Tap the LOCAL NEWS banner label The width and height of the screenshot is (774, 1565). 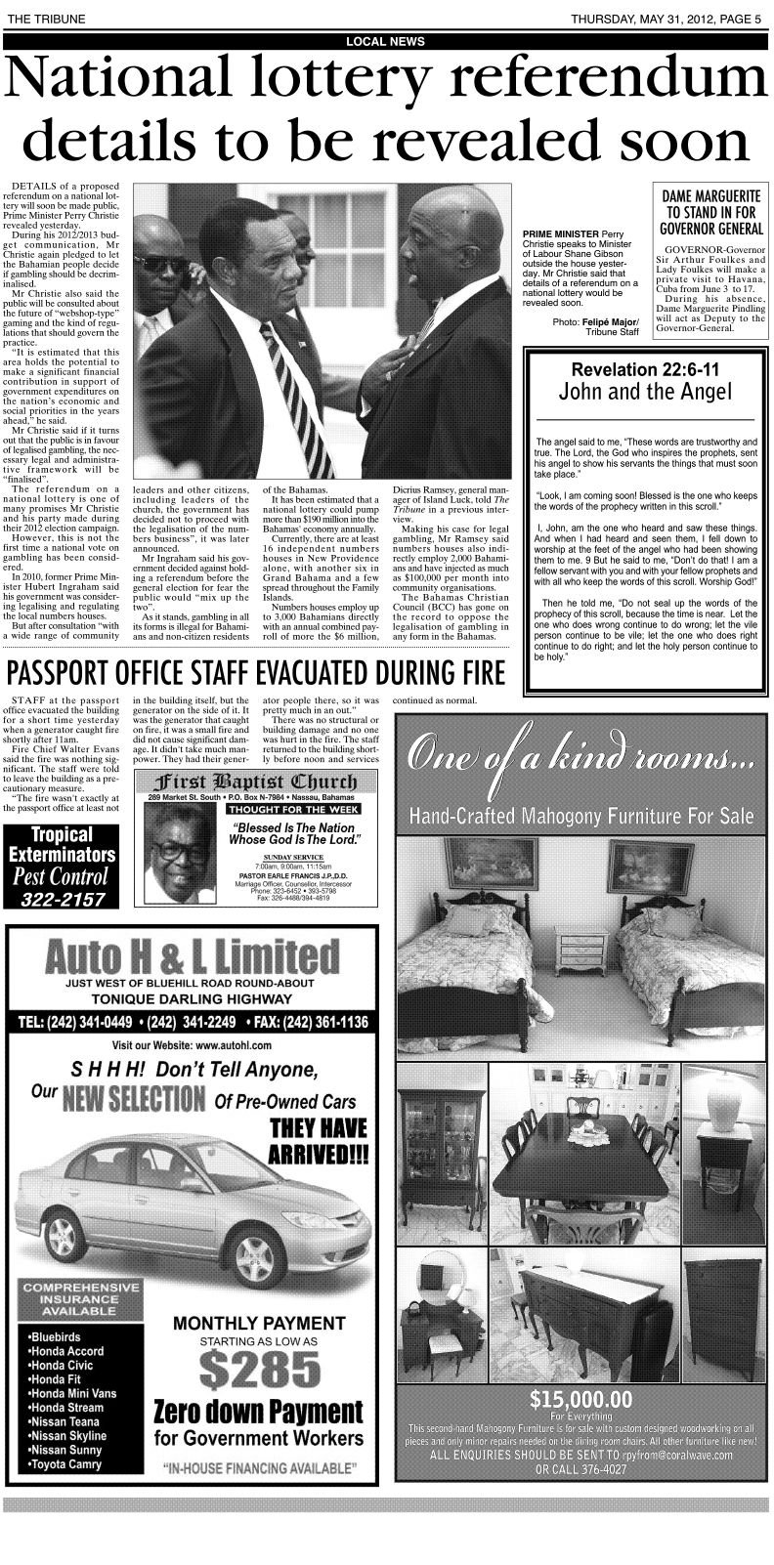[385, 41]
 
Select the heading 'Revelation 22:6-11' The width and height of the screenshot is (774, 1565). [644, 370]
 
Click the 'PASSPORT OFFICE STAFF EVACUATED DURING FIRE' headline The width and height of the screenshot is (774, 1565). [256, 673]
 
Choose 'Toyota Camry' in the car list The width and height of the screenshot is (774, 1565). [65, 1465]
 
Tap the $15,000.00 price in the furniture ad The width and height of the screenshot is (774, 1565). [580, 1401]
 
